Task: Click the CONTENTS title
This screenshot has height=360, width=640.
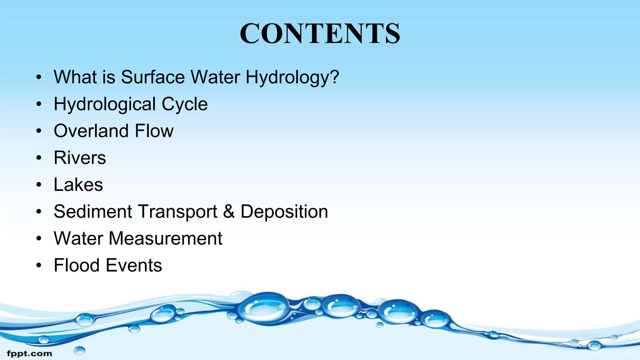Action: click(x=320, y=33)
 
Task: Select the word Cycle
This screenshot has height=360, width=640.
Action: click(x=184, y=104)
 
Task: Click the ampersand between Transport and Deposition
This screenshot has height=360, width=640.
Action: click(x=229, y=212)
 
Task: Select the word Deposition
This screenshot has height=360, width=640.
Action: click(x=284, y=212)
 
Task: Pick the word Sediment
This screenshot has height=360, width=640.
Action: click(x=93, y=212)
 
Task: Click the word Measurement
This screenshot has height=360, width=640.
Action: click(x=165, y=238)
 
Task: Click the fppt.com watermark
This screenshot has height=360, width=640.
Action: click(x=29, y=354)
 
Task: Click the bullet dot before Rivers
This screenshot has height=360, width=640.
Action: click(x=38, y=158)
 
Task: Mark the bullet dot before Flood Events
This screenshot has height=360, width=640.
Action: click(x=38, y=266)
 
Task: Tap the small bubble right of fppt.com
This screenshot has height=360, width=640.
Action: click(x=80, y=350)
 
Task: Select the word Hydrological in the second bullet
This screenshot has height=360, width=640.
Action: click(x=105, y=104)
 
